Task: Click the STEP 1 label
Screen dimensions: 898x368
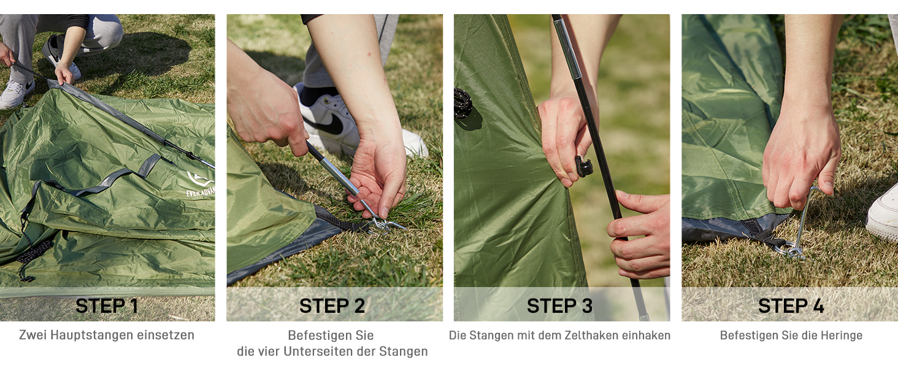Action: [x=107, y=306]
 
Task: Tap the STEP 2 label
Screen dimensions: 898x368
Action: [x=332, y=306]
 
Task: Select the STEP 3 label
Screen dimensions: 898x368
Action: [x=559, y=306]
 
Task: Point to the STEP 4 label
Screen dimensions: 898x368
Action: [x=791, y=306]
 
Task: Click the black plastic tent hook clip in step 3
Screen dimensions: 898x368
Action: [x=583, y=167]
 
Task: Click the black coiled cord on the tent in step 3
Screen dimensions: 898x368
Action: [x=462, y=103]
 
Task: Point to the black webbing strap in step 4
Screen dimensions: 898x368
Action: [x=764, y=232]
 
